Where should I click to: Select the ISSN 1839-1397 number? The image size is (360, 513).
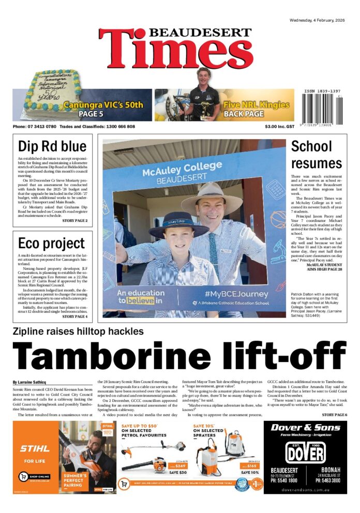coord(322,89)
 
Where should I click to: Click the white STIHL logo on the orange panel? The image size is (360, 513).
coord(35,448)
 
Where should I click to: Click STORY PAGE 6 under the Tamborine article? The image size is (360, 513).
coord(334,415)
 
